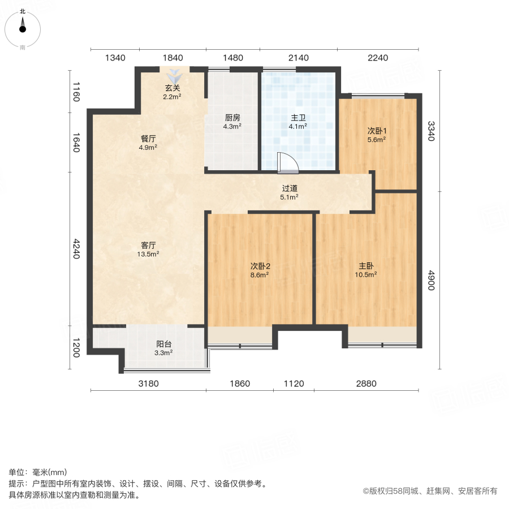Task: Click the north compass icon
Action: pyautogui.click(x=23, y=26)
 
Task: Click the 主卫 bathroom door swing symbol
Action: pyautogui.click(x=288, y=163)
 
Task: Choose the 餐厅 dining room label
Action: pyautogui.click(x=148, y=138)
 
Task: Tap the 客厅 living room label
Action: pyautogui.click(x=148, y=245)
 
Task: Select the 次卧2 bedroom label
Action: pyautogui.click(x=260, y=266)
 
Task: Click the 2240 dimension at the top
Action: pyautogui.click(x=378, y=58)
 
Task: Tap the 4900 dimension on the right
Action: pyautogui.click(x=431, y=281)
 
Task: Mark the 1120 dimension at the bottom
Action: pyautogui.click(x=294, y=384)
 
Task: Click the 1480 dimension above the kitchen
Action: pyautogui.click(x=232, y=58)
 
